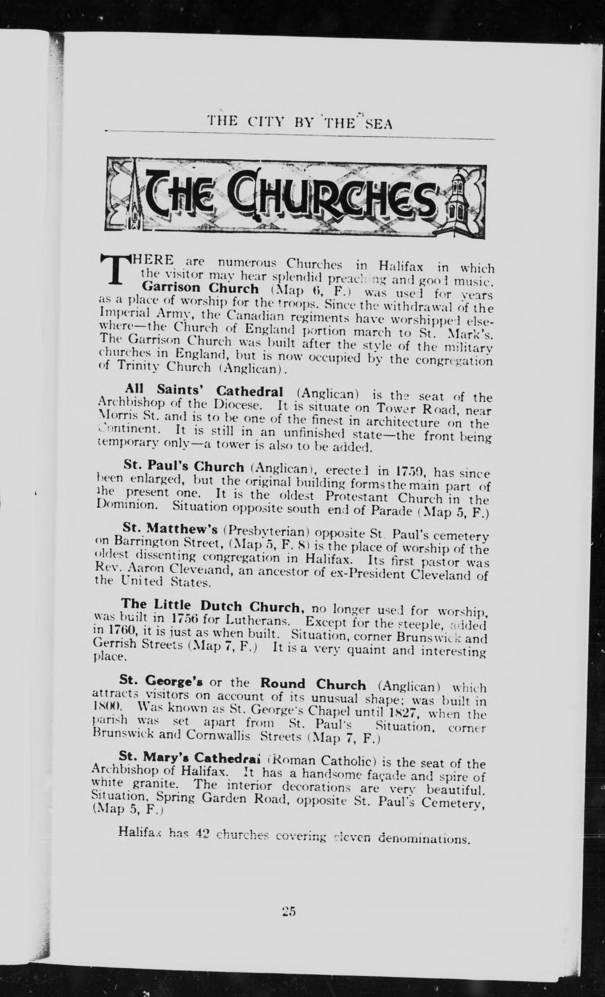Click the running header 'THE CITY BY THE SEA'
tap(300, 122)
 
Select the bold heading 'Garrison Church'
tap(200, 289)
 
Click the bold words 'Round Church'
tap(313, 684)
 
